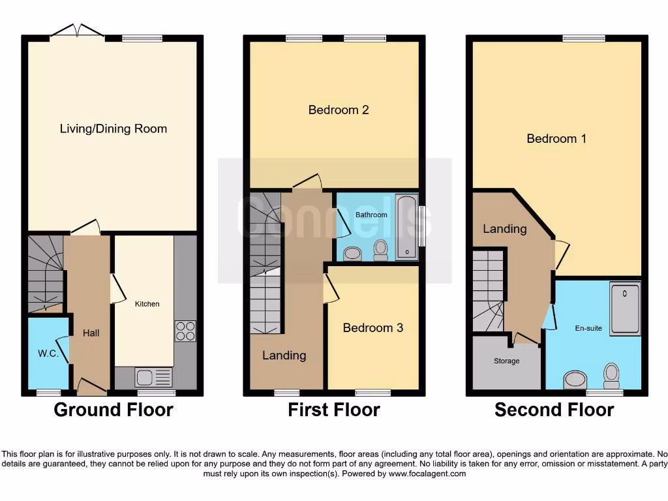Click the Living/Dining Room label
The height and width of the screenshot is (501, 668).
(x=114, y=129)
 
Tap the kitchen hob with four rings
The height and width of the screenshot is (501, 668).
(x=185, y=331)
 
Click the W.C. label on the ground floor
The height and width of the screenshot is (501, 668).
(x=48, y=354)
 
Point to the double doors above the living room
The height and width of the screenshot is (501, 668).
(x=77, y=31)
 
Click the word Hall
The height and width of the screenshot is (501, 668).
(x=91, y=333)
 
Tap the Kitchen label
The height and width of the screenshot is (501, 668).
(x=147, y=304)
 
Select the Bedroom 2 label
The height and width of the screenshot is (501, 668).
(x=339, y=110)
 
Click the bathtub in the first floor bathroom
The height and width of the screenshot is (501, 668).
(x=406, y=226)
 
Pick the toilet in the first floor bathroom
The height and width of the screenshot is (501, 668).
(x=380, y=249)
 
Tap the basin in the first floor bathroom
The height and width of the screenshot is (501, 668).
(x=353, y=253)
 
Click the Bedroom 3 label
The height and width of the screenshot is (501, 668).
(x=373, y=327)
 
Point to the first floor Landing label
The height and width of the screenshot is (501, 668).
(x=284, y=355)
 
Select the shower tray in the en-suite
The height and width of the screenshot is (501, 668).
(x=625, y=308)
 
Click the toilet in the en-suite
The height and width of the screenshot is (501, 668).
(x=611, y=374)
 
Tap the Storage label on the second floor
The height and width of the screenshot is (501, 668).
(x=507, y=361)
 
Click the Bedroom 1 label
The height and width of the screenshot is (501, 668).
(x=556, y=138)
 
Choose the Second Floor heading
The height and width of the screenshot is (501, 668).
(x=554, y=410)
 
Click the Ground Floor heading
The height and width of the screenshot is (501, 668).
(x=114, y=410)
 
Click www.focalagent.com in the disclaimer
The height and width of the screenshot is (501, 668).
(x=427, y=474)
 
